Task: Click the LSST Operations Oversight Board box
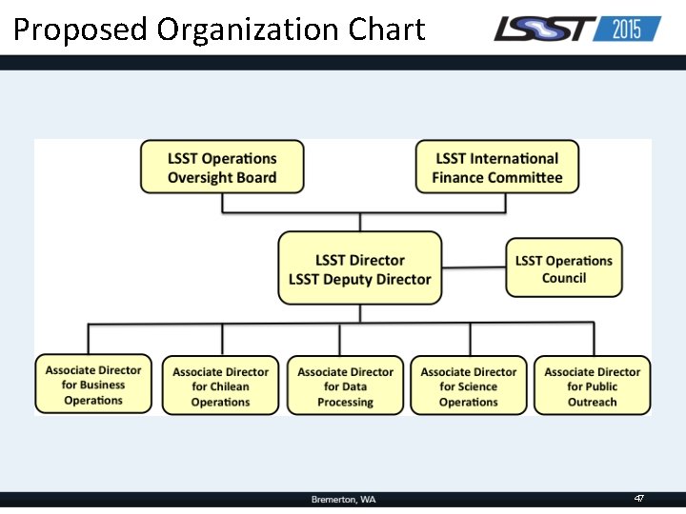pyautogui.click(x=222, y=168)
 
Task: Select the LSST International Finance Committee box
pyautogui.click(x=496, y=168)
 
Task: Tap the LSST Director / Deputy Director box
pyautogui.click(x=360, y=268)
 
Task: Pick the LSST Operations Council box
pyautogui.click(x=564, y=268)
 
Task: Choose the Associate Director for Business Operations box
pyautogui.click(x=93, y=385)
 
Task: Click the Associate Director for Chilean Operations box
pyautogui.click(x=220, y=385)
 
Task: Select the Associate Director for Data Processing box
pyautogui.click(x=345, y=385)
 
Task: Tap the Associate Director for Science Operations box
pyautogui.click(x=469, y=385)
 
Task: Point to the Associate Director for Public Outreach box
pyautogui.click(x=593, y=385)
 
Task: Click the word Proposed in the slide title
pyautogui.click(x=81, y=30)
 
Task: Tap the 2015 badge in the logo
pyautogui.click(x=626, y=30)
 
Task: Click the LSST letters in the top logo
pyautogui.click(x=543, y=30)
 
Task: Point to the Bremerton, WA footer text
pyautogui.click(x=343, y=500)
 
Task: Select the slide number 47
pyautogui.click(x=639, y=499)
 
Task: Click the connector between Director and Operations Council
pyautogui.click(x=474, y=267)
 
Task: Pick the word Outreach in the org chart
pyautogui.click(x=593, y=402)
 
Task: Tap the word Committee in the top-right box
pyautogui.click(x=524, y=177)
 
